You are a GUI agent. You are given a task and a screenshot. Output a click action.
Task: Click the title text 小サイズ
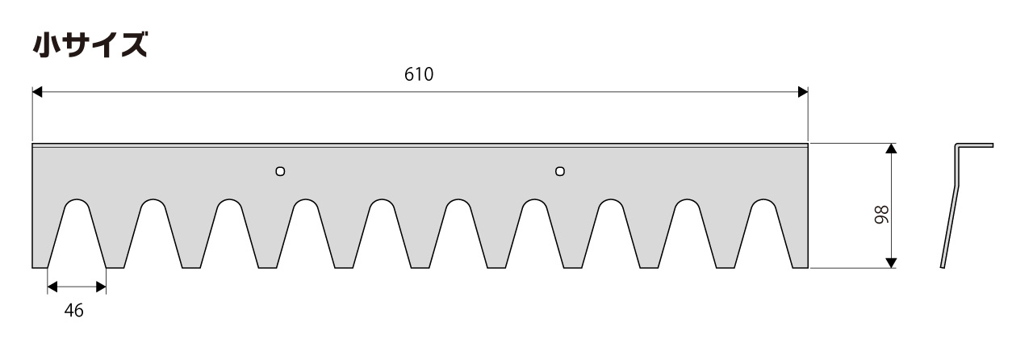tap(90, 44)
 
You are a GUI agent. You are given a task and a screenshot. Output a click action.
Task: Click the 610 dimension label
tap(419, 74)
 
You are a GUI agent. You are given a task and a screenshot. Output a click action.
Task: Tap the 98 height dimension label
tap(881, 215)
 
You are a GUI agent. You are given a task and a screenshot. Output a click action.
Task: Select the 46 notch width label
tap(73, 311)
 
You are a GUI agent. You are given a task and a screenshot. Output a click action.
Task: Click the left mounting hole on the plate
tap(280, 171)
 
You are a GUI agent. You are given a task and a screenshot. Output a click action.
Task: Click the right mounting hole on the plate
tap(560, 171)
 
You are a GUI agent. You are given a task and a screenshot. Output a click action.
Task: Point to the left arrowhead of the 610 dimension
tap(37, 92)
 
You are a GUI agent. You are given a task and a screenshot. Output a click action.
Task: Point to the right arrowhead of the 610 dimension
tap(803, 92)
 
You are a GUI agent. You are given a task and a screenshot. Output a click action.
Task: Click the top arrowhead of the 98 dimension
tap(892, 149)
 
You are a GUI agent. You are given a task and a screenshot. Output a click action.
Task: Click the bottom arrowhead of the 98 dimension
tap(892, 263)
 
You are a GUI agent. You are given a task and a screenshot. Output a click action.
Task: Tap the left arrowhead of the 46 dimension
tap(52, 287)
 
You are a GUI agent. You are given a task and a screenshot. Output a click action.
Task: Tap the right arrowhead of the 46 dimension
tap(101, 287)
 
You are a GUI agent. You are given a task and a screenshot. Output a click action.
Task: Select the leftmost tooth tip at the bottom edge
tap(40, 267)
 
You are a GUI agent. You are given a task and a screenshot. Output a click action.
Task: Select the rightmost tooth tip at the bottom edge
tap(800, 267)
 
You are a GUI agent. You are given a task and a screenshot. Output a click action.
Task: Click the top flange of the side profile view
tap(974, 145)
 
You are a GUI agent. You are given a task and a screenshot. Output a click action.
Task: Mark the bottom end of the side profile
tap(942, 267)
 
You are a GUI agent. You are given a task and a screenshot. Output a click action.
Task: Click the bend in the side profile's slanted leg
tap(958, 186)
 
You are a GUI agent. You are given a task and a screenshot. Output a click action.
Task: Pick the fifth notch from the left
tap(382, 233)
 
